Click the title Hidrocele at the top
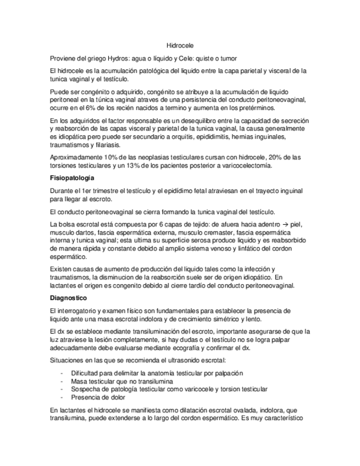180,46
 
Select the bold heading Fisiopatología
71,179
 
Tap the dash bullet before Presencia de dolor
60,397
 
